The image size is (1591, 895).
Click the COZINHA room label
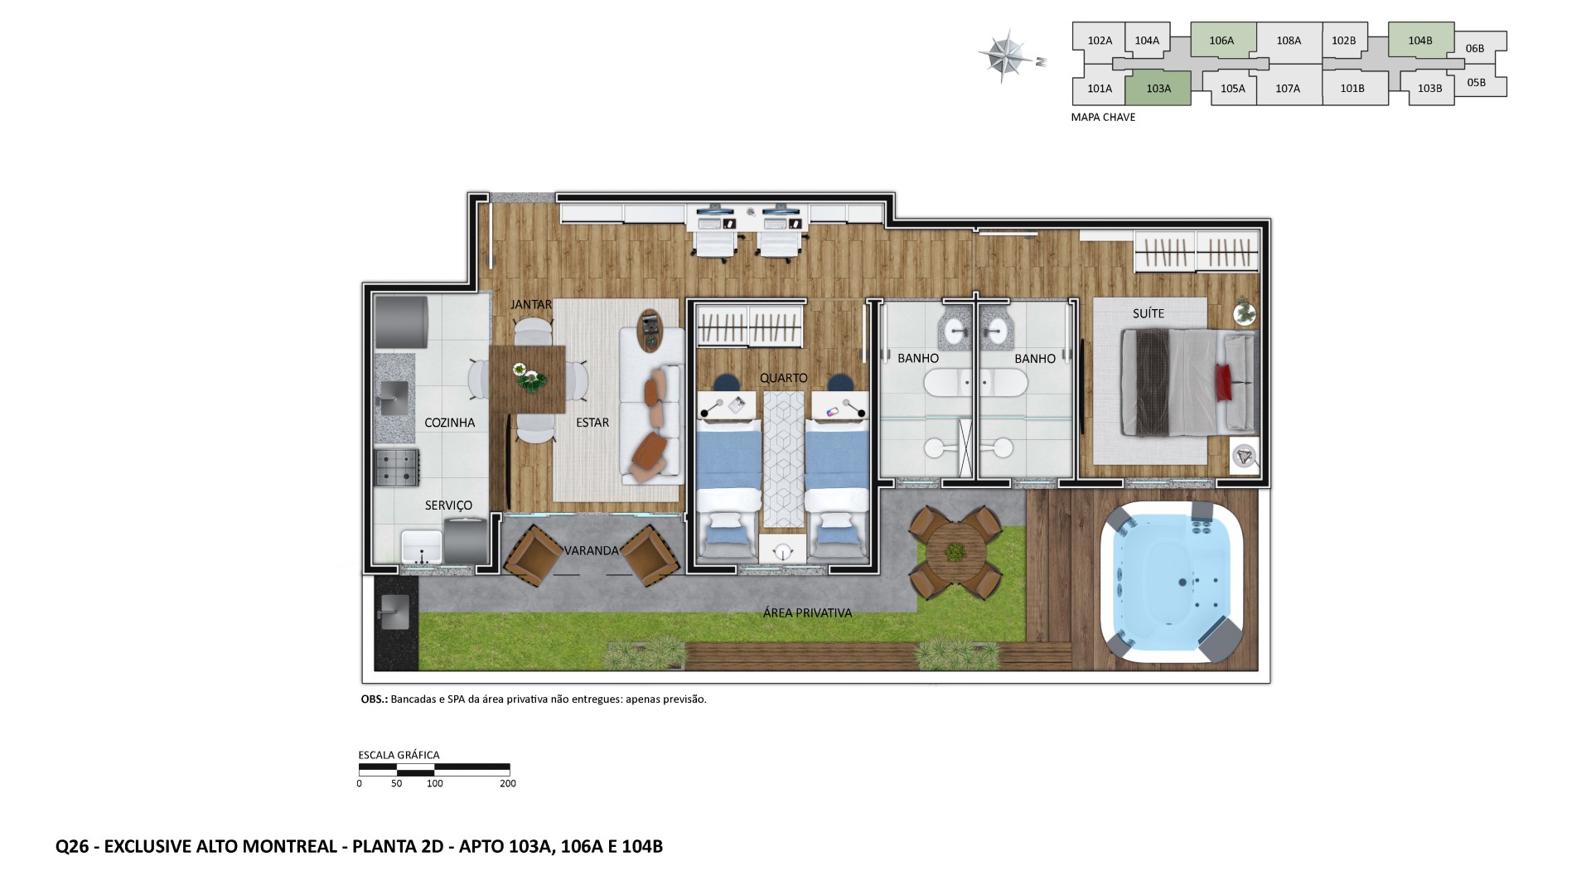click(449, 423)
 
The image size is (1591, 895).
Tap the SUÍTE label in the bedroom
click(1149, 313)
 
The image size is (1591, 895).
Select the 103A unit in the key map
click(1158, 89)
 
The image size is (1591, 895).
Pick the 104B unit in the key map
click(1419, 40)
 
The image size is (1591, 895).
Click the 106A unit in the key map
click(1221, 40)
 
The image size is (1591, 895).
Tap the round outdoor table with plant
click(955, 554)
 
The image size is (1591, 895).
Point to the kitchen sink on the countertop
click(394, 398)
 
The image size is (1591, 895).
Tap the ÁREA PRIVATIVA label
click(807, 613)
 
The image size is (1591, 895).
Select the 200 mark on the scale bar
click(508, 783)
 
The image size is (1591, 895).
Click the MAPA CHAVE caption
click(1103, 118)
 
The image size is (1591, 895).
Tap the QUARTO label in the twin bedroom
click(783, 378)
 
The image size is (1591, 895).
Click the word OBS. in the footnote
click(374, 699)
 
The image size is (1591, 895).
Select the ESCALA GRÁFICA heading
click(399, 755)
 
